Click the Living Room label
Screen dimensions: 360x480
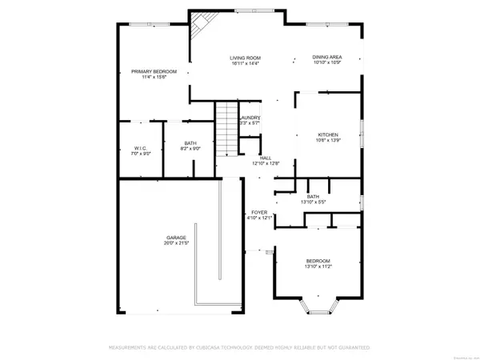point(246,58)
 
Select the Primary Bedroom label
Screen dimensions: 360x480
point(154,72)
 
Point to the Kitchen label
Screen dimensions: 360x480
point(328,134)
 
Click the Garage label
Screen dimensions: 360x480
point(177,238)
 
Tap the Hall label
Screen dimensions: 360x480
point(264,158)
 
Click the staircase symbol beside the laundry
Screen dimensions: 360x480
point(228,128)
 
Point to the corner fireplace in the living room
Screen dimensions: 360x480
point(198,33)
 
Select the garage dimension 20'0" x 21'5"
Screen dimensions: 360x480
point(177,243)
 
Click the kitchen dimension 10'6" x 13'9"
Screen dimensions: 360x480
point(328,140)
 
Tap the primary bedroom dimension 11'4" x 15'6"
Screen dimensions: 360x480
point(154,78)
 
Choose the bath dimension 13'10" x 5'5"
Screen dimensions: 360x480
point(314,202)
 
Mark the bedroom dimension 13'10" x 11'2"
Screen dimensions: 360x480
point(318,267)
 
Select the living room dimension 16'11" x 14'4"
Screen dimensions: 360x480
point(246,63)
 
